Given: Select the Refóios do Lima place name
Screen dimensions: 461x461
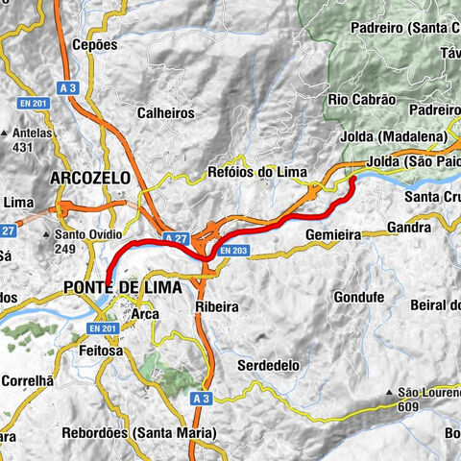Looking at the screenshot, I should (x=257, y=173).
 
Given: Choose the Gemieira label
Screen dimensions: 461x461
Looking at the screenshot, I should (x=332, y=233).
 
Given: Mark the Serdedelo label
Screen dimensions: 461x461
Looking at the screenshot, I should (x=268, y=366).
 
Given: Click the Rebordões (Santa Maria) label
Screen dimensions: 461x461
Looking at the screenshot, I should (x=139, y=433).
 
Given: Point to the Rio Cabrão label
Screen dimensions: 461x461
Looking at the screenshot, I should (x=361, y=99).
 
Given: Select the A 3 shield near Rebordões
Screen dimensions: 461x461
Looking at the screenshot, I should (x=199, y=397).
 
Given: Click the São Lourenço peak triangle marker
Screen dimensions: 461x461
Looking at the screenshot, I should (x=390, y=393).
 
